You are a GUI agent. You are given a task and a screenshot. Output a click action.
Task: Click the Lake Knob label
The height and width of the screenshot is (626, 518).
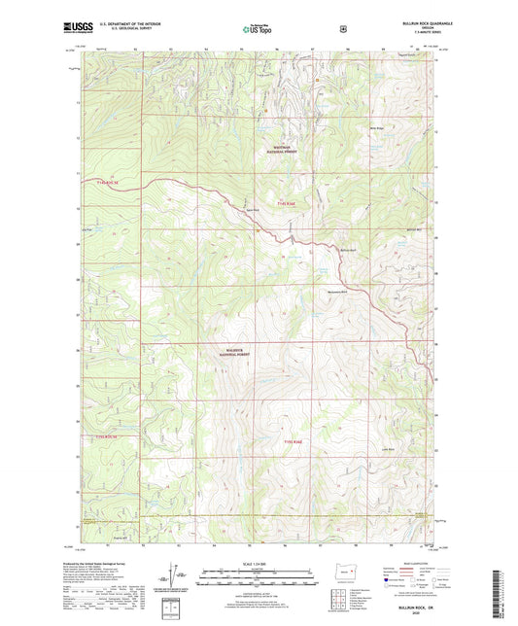pyautogui.click(x=388, y=449)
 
